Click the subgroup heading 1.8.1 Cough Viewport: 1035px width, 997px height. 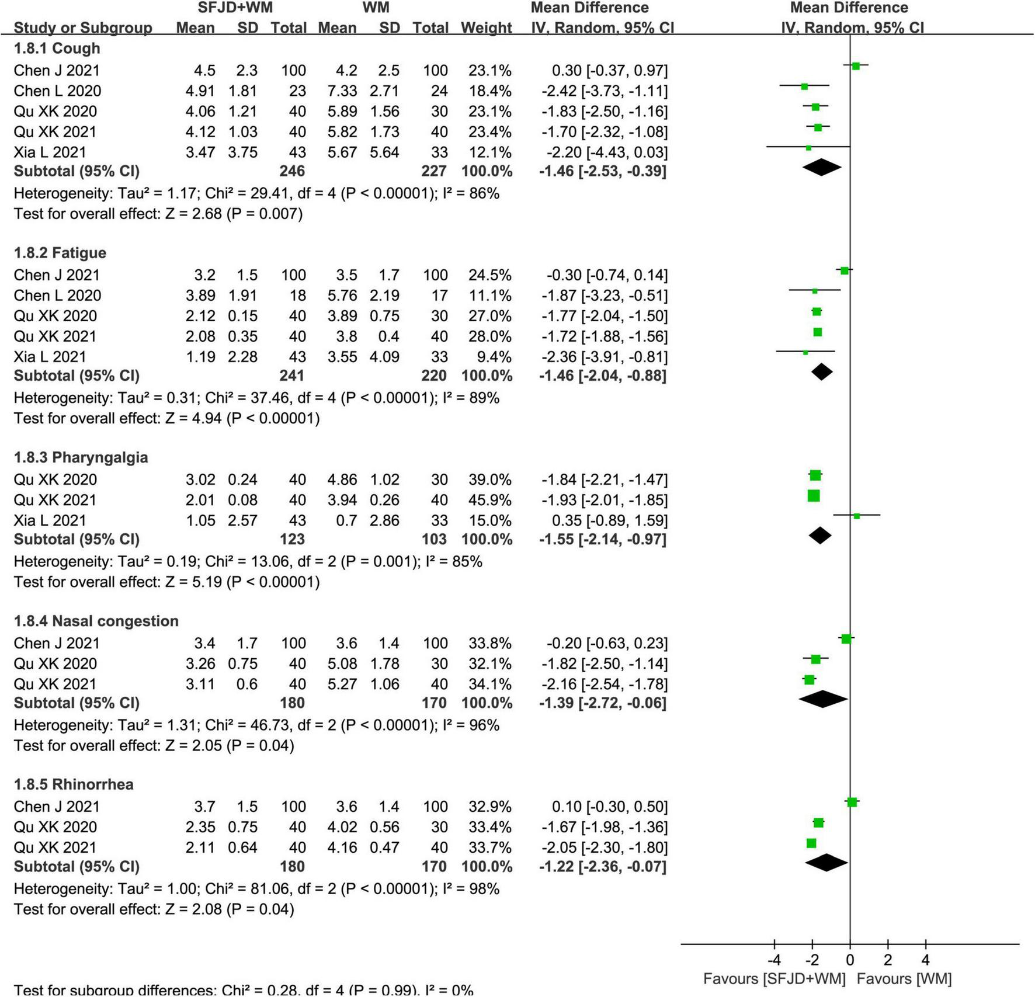pyautogui.click(x=57, y=48)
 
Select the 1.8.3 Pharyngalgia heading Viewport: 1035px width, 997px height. pyautogui.click(x=81, y=457)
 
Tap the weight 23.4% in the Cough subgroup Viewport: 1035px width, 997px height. pyautogui.click(x=489, y=132)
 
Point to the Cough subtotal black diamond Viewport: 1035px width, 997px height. pyautogui.click(x=822, y=168)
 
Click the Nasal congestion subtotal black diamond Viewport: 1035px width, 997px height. pyautogui.click(x=823, y=699)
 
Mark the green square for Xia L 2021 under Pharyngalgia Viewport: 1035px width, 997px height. pyautogui.click(x=857, y=516)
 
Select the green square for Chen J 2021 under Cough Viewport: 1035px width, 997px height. pyautogui.click(x=856, y=66)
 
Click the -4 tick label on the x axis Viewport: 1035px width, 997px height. pyautogui.click(x=774, y=960)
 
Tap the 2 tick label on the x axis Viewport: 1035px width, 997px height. pyautogui.click(x=888, y=960)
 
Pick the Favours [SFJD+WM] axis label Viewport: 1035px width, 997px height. pyautogui.click(x=774, y=979)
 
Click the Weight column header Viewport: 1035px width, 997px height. pyautogui.click(x=486, y=28)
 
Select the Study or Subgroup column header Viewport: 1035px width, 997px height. pyautogui.click(x=83, y=28)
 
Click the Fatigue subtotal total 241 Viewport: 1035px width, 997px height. pyautogui.click(x=291, y=376)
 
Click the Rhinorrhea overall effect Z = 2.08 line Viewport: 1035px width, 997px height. pyautogui.click(x=154, y=909)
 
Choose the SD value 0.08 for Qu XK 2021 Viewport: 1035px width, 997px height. pyautogui.click(x=242, y=500)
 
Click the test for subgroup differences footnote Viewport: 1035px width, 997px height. pyautogui.click(x=244, y=990)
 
